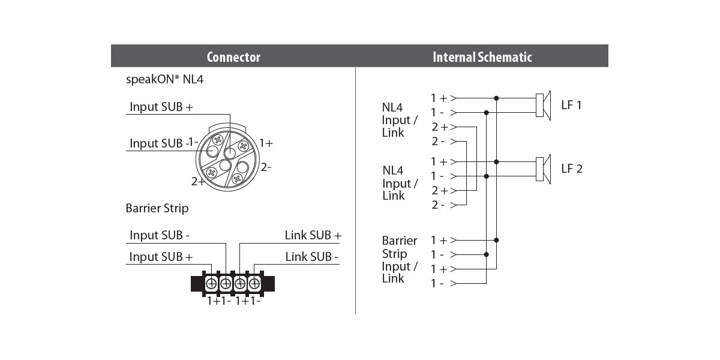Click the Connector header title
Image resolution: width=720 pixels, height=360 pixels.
click(x=233, y=57)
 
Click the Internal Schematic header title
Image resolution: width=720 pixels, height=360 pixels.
click(x=482, y=57)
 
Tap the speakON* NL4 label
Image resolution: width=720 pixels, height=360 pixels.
click(x=164, y=79)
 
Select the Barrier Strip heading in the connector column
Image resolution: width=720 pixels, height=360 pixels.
click(x=157, y=208)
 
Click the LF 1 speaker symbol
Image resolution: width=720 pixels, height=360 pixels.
click(x=544, y=105)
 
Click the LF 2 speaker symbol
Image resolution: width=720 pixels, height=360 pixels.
click(x=544, y=169)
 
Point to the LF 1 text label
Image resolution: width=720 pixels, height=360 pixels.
click(x=571, y=105)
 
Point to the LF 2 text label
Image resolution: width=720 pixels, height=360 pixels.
click(x=572, y=169)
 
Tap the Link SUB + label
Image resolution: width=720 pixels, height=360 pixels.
click(x=313, y=235)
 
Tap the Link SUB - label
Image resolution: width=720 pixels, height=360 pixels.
click(x=312, y=257)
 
